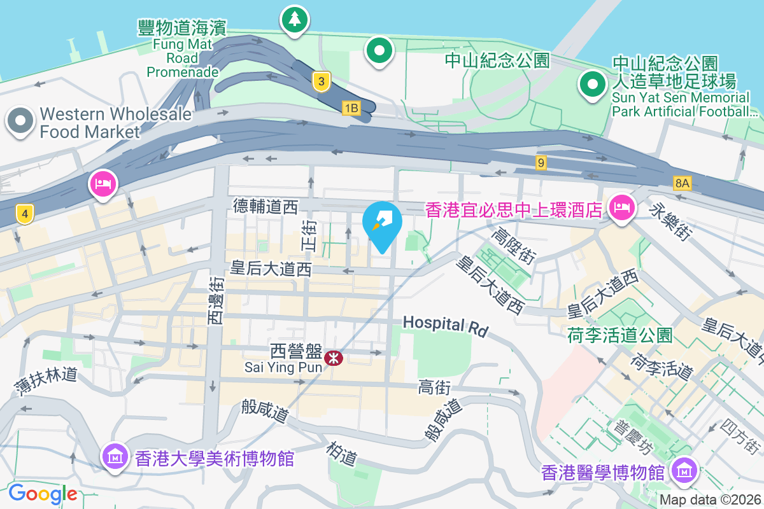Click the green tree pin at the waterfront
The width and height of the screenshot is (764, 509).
(x=294, y=19)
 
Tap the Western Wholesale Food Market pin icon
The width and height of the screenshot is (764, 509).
(x=20, y=120)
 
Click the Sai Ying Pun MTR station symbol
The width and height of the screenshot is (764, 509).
(x=333, y=358)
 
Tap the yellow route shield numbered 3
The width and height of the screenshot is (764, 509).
(x=322, y=81)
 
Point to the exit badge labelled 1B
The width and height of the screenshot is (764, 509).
(x=351, y=108)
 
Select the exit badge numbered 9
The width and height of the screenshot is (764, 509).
(x=541, y=163)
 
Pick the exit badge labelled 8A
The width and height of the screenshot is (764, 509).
(x=682, y=184)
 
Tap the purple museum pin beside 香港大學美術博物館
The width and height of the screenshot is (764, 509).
(x=115, y=456)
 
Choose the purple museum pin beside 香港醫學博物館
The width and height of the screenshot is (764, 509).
(x=684, y=471)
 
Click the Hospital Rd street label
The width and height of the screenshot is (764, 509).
(x=446, y=326)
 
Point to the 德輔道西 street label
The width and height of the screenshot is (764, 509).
(x=265, y=206)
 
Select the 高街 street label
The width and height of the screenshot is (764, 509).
(x=435, y=387)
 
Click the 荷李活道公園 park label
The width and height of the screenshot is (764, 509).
(x=619, y=335)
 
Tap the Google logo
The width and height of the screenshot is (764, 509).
(x=43, y=493)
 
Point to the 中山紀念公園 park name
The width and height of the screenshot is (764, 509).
(x=497, y=60)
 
